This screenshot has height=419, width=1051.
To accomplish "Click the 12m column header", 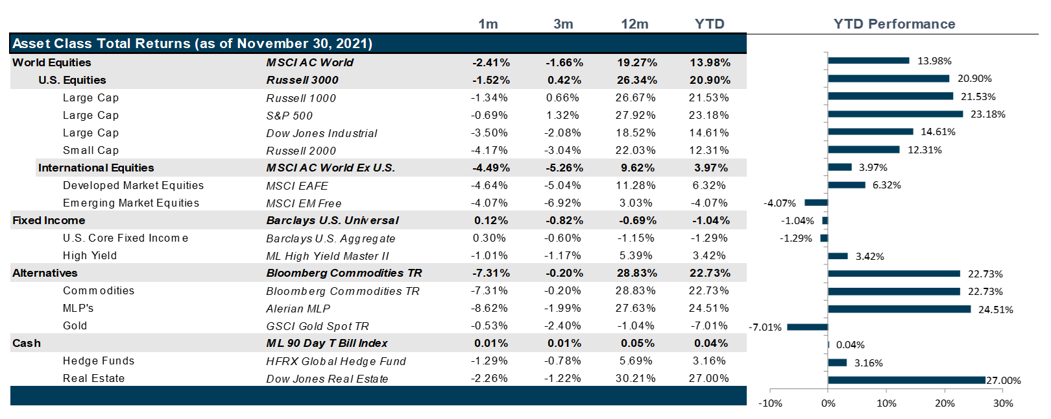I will (634, 24).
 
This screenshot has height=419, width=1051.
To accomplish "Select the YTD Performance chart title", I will (894, 24).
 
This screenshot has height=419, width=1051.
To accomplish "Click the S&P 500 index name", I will (289, 116).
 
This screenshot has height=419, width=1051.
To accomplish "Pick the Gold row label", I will (75, 326).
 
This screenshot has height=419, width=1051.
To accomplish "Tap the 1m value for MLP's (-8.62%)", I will (490, 309).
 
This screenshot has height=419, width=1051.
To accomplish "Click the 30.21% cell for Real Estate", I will (635, 379).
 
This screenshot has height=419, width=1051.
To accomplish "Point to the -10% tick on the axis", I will (770, 403).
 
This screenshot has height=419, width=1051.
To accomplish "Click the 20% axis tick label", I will (945, 403).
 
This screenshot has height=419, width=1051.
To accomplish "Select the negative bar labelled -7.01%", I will (807, 327).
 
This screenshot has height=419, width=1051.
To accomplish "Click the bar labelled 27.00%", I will (906, 380).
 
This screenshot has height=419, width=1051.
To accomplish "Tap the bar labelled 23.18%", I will (895, 114).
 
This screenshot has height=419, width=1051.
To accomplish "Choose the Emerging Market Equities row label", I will (131, 203).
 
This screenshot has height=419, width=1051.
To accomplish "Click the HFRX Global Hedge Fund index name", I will (336, 361).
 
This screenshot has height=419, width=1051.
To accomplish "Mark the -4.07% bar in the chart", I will (816, 203).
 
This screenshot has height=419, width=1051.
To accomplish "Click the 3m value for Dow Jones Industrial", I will (563, 133).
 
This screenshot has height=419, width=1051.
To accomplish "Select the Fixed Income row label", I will (49, 221).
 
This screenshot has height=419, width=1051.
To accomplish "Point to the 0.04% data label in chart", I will (850, 345).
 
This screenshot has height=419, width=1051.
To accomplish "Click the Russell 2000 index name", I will (301, 151).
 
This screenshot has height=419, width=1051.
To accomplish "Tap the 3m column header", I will (563, 24).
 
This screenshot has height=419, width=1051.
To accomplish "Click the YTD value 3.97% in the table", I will (710, 168).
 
